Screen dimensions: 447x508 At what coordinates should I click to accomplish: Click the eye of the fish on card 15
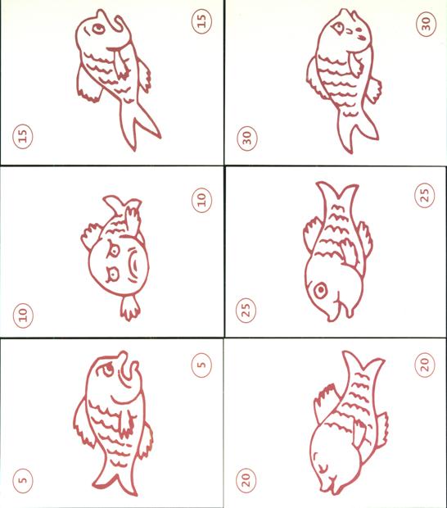[x=97, y=29]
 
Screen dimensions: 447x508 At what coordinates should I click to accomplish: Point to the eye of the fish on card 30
[x=339, y=29]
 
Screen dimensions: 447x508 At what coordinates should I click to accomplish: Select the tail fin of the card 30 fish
[x=357, y=129]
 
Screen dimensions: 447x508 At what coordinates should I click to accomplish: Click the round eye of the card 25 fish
[x=321, y=289]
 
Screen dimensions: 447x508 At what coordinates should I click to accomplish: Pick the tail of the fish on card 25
[x=337, y=193]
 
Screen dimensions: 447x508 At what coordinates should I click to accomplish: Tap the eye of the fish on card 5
[x=108, y=369]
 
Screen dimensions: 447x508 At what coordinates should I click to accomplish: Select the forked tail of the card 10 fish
[x=122, y=205]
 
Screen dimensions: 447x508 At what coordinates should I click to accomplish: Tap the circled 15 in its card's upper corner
[x=201, y=21]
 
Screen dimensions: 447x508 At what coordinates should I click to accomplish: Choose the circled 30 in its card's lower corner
[x=247, y=138]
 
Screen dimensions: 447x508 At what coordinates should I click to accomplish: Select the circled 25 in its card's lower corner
[x=246, y=310]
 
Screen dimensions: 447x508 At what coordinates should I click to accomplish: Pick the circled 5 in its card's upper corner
[x=201, y=365]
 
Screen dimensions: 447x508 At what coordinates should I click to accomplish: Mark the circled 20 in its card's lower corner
[x=246, y=479]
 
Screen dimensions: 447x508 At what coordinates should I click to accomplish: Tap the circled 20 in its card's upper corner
[x=425, y=365]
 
